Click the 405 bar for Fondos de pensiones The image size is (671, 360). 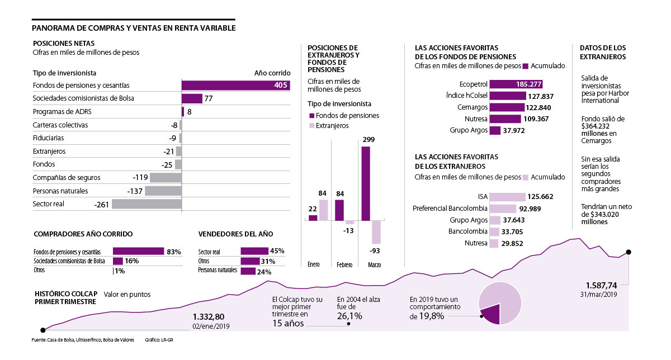coord(235,85)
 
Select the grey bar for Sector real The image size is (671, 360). coord(147,204)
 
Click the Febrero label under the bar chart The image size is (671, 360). coord(344,264)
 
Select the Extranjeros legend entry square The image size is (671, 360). coord(311,126)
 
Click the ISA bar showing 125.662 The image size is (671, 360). coord(507,197)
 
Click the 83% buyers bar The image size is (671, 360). coord(138,252)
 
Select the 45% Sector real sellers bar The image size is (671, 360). coord(254,251)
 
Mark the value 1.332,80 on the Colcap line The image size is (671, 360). coord(212,316)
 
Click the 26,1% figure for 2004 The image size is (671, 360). coord(349,316)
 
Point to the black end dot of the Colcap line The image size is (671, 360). coord(629,252)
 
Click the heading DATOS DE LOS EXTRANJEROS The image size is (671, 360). coord(603,53)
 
